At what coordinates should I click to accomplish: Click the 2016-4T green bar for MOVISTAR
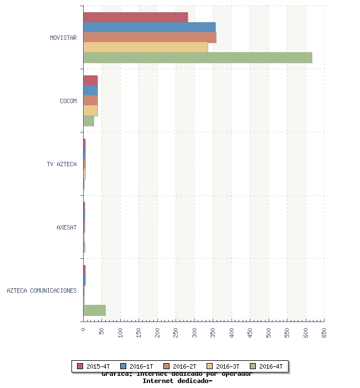pyautogui.click(x=198, y=58)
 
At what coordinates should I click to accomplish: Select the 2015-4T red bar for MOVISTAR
pyautogui.click(x=136, y=17)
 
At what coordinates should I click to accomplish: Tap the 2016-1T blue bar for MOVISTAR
pyautogui.click(x=150, y=27)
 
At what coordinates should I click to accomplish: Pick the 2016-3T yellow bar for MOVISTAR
pyautogui.click(x=146, y=48)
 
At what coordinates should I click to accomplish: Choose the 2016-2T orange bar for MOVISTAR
pyautogui.click(x=150, y=37)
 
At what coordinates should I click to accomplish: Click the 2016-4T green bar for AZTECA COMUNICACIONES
pyautogui.click(x=94, y=310)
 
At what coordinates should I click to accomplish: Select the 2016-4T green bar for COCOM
pyautogui.click(x=89, y=121)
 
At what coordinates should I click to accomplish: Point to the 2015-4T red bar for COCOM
pyautogui.click(x=90, y=80)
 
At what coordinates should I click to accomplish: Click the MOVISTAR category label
pyautogui.click(x=63, y=38)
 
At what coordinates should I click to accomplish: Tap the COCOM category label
pyautogui.click(x=68, y=101)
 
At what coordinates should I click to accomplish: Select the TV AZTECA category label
pyautogui.click(x=61, y=164)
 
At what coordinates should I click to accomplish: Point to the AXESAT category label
pyautogui.click(x=66, y=227)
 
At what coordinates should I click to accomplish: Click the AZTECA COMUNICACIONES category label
pyautogui.click(x=42, y=290)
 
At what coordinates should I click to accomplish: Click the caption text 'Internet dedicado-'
pyautogui.click(x=177, y=381)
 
